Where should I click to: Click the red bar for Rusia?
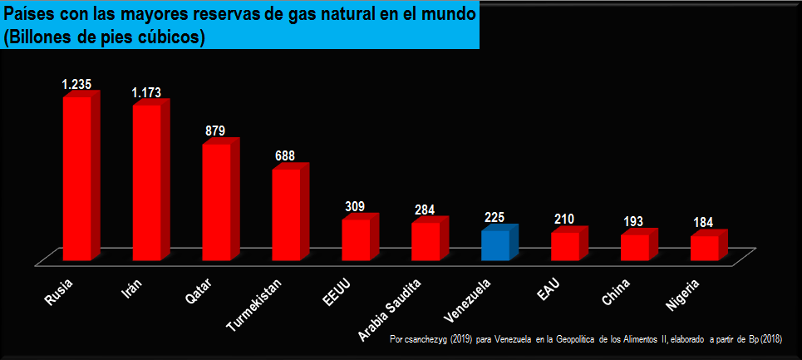[77, 178]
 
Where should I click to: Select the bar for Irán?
[147, 182]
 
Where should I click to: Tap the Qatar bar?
[217, 201]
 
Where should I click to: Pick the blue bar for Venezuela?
[495, 245]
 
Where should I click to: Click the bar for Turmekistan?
[287, 214]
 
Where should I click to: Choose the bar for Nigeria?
[705, 248]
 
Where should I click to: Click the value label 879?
[215, 131]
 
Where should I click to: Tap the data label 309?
[355, 206]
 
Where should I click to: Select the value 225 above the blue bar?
[494, 217]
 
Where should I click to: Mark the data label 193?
[634, 223]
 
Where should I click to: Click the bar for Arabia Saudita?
[426, 241]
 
